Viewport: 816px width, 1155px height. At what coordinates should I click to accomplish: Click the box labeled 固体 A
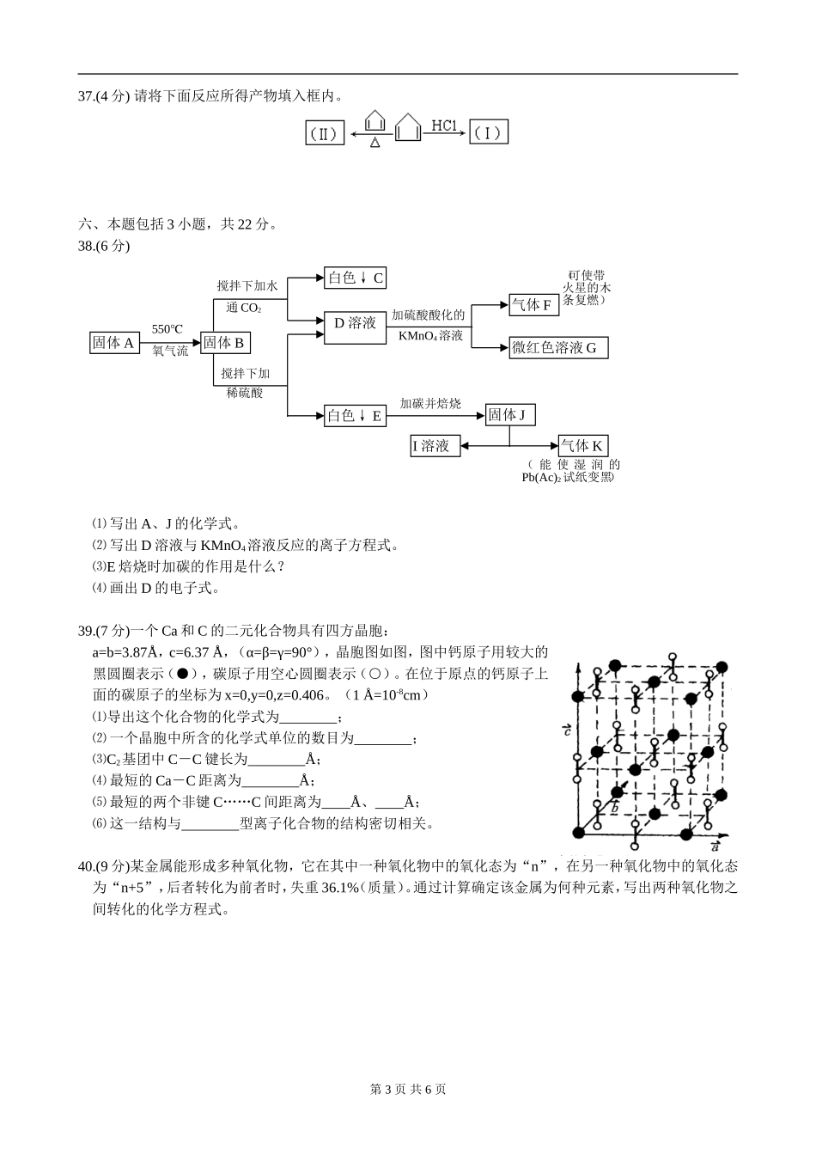[x=114, y=343]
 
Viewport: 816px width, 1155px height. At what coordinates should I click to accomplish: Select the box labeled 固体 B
[x=224, y=343]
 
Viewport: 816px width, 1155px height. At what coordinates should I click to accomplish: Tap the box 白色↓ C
[x=356, y=278]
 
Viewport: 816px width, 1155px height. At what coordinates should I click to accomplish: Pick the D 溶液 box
[x=356, y=324]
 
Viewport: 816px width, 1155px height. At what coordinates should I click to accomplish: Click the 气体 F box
[x=532, y=304]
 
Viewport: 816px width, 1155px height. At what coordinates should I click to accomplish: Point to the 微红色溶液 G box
[x=559, y=347]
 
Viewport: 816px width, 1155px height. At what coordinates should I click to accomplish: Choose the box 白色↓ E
[x=356, y=416]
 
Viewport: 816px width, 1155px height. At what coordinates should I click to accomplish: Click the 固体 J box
[x=509, y=415]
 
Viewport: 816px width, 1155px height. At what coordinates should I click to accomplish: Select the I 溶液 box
[x=435, y=446]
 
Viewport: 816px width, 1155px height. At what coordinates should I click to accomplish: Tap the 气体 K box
[x=582, y=446]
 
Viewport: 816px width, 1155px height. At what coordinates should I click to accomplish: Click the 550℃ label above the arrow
[x=167, y=329]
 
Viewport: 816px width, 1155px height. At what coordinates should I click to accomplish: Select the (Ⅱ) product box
[x=325, y=133]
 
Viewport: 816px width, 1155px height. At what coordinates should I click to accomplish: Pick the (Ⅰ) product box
[x=489, y=133]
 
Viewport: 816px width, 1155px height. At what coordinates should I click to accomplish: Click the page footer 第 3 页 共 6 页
[x=408, y=1090]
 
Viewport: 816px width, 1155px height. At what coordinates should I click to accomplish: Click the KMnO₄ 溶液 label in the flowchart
[x=431, y=336]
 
